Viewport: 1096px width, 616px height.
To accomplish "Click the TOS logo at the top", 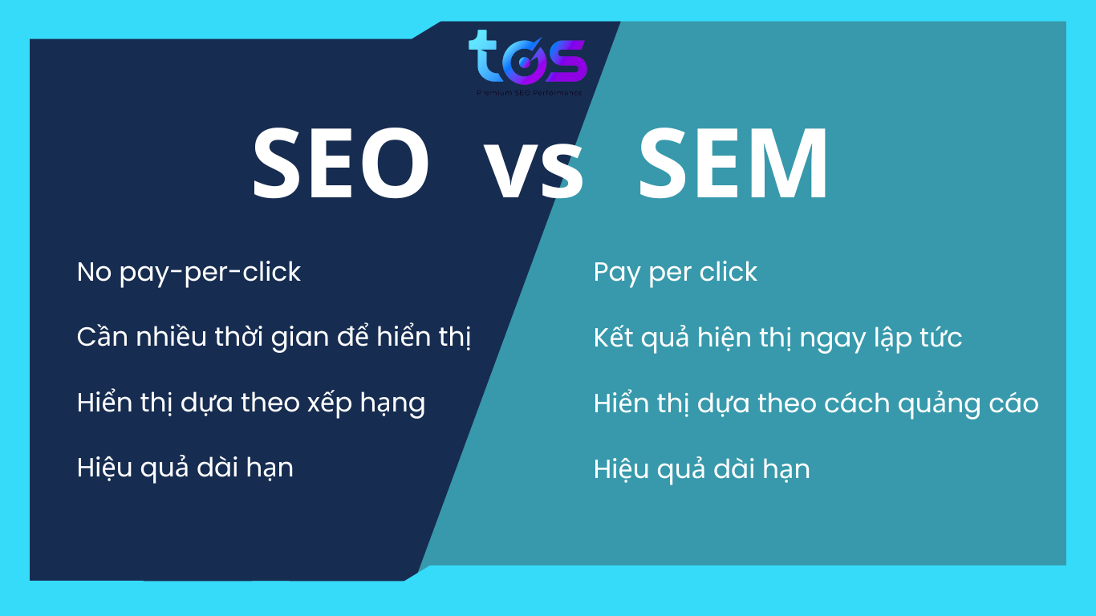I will click(x=527, y=58).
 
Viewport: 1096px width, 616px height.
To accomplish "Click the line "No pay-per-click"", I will click(x=189, y=273).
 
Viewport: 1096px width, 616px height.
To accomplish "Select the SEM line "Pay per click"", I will click(x=675, y=273).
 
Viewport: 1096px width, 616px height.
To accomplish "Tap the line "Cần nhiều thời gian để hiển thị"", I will click(x=274, y=337).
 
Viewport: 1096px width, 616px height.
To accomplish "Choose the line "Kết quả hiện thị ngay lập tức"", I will click(x=777, y=338).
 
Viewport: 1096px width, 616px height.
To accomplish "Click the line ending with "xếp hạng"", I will click(x=251, y=403).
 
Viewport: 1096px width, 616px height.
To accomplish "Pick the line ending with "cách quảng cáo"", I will click(x=816, y=403).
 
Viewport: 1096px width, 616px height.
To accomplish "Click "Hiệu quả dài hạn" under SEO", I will click(x=185, y=468).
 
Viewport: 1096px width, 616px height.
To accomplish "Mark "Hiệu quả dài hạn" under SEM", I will click(x=702, y=468).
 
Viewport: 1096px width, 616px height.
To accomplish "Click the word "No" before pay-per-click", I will click(x=94, y=273).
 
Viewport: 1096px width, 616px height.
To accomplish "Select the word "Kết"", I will click(x=612, y=338).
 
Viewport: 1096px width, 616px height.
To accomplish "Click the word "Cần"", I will click(x=98, y=337).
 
